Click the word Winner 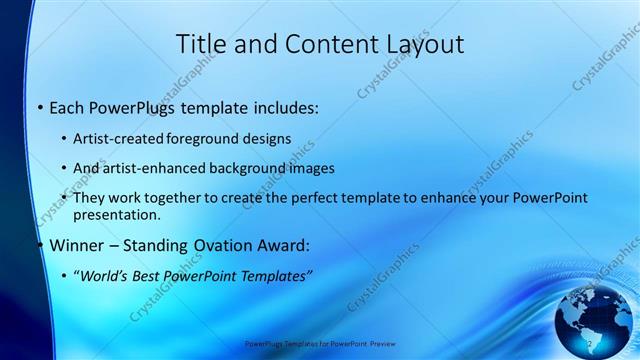pos(78,245)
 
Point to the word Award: pos(291,245)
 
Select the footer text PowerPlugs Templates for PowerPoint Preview pos(319,343)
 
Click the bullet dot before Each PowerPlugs pos(39,107)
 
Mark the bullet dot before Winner pos(39,246)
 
